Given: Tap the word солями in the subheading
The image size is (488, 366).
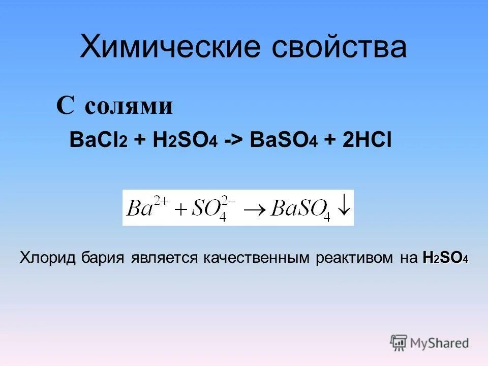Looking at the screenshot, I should point(128,106).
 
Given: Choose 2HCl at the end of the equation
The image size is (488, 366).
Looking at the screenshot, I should point(365,141).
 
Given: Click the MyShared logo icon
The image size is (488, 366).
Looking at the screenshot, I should point(399,342).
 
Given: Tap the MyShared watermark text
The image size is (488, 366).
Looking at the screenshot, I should point(440,343).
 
